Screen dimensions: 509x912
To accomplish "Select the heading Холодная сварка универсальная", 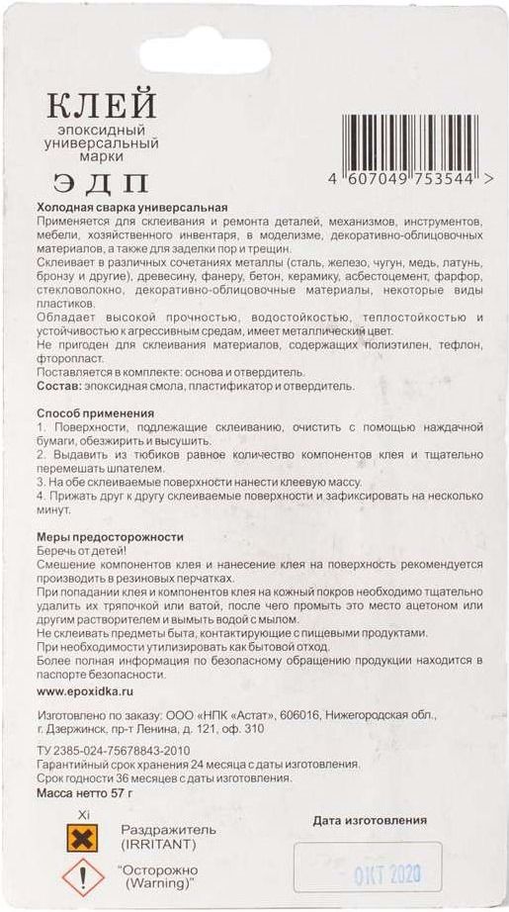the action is point(132,209).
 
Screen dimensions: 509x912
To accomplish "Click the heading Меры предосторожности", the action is point(111,536).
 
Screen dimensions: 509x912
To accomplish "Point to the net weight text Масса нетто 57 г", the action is point(84,793).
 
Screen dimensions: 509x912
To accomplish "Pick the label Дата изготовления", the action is point(370,820).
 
